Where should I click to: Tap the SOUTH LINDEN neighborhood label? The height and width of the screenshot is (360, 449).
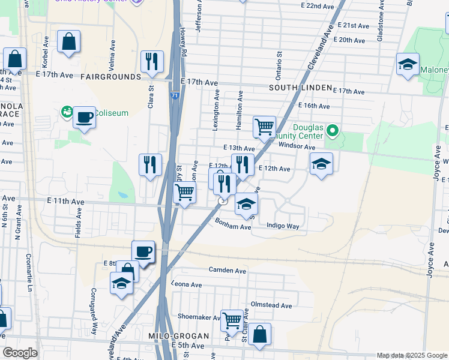click(300, 88)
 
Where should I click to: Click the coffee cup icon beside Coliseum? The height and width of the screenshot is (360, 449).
click(85, 116)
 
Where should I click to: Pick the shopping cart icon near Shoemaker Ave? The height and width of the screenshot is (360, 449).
click(232, 320)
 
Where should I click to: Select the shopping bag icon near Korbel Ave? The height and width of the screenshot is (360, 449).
click(69, 42)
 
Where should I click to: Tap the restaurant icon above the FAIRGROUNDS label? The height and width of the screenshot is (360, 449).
click(151, 61)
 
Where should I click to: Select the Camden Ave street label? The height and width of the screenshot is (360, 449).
click(228, 271)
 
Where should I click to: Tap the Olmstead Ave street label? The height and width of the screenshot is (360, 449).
click(271, 305)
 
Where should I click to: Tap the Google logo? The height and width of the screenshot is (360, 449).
click(20, 353)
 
